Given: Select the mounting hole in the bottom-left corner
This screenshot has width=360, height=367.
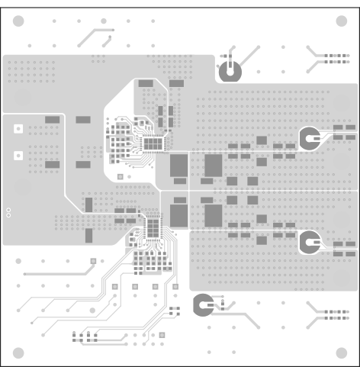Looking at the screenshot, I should point(19,353).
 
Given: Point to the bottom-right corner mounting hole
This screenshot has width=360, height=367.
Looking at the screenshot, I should point(340,353).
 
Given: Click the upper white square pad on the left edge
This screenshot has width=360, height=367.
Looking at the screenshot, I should point(16,130).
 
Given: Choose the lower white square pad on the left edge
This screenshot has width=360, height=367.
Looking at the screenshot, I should point(16,156).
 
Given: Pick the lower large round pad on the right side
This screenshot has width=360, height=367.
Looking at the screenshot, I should point(310,243).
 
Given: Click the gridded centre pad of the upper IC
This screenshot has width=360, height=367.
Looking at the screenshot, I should point(153,143).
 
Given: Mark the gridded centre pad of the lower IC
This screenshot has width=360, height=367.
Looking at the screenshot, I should point(153,228).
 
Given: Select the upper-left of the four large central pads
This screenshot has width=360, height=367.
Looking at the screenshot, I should point(178,165).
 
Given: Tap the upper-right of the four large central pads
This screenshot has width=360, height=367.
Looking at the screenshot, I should point(213,165).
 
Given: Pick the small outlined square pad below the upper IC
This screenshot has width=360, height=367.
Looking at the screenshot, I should point(121,175).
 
